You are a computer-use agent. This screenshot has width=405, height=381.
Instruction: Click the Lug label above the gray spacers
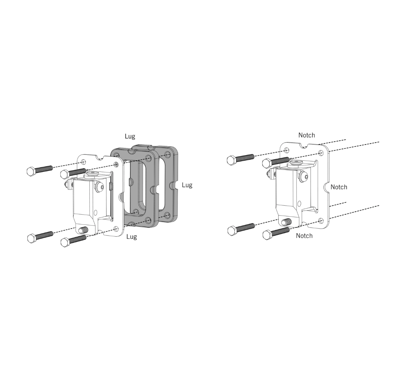click(130, 136)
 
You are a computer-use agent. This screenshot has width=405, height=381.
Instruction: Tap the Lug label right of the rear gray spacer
click(187, 185)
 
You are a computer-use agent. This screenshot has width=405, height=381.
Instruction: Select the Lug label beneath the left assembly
click(132, 237)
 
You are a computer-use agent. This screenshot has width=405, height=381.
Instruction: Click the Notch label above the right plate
click(307, 135)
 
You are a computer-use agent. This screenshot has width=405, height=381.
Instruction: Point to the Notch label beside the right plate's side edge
click(339, 187)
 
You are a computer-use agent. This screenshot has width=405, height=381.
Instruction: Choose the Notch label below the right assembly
click(304, 236)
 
